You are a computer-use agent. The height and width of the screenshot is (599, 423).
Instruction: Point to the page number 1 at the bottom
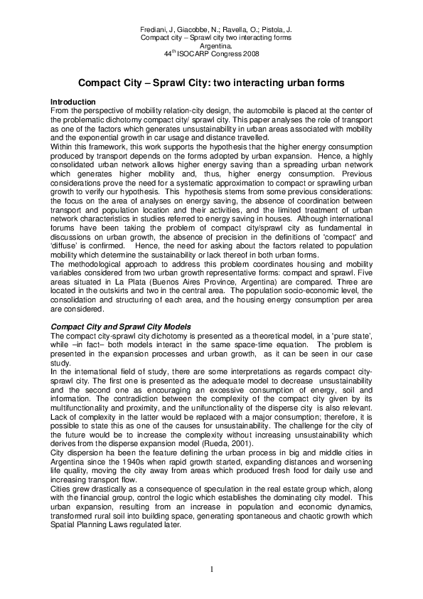coord(211,568)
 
